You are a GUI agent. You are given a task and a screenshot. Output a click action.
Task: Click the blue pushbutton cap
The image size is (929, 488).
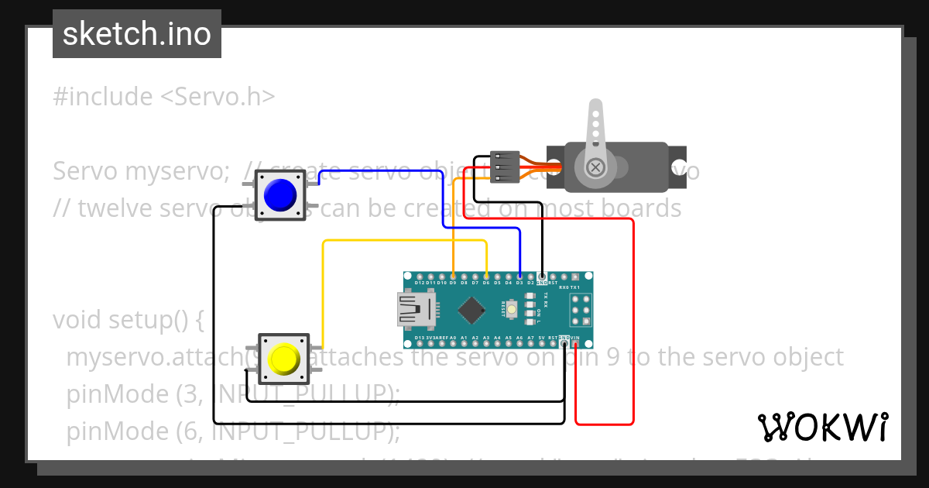[x=280, y=194]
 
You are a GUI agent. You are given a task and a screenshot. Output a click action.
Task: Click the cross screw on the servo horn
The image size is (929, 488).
[x=595, y=167]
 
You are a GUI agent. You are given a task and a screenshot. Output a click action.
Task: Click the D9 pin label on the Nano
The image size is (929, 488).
[x=452, y=283]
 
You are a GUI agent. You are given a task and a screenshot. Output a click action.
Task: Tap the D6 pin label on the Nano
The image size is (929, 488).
[x=485, y=283]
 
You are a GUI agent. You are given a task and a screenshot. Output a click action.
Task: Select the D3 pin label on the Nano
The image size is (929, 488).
[x=519, y=283]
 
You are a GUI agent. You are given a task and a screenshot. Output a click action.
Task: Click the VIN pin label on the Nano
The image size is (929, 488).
[x=575, y=338]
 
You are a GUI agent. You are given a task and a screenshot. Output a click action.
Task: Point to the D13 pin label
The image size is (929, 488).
[x=419, y=338]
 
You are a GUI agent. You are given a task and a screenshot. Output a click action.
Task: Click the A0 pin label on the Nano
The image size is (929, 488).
[x=452, y=338]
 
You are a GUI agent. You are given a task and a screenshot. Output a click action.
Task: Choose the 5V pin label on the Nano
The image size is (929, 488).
[x=542, y=338]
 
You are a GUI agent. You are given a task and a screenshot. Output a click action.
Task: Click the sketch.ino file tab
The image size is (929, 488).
[x=137, y=34]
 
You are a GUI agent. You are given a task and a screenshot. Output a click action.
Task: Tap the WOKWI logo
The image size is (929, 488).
[x=823, y=427]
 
